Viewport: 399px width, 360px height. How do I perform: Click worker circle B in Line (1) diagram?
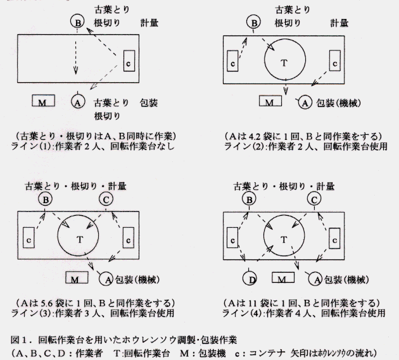[77, 21]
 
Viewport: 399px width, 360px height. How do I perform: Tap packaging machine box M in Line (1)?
[43, 101]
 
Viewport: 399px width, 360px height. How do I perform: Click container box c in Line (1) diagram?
[129, 61]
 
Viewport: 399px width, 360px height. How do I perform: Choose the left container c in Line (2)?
[232, 61]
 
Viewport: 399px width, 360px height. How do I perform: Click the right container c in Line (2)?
[334, 61]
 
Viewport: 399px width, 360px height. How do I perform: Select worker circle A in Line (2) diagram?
[305, 102]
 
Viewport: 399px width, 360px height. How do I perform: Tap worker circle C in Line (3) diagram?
[106, 199]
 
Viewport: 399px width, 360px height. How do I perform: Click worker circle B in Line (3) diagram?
[46, 199]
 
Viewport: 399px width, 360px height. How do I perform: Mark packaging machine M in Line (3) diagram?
[77, 277]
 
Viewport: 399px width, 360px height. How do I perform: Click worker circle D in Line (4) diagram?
[250, 278]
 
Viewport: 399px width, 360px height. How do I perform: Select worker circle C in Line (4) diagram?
[314, 199]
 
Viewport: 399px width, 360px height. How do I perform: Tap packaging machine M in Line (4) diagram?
[283, 277]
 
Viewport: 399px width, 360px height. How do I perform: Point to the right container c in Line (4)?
[334, 239]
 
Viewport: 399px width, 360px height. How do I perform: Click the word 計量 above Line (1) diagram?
[149, 23]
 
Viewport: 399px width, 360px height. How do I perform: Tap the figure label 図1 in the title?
[18, 340]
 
